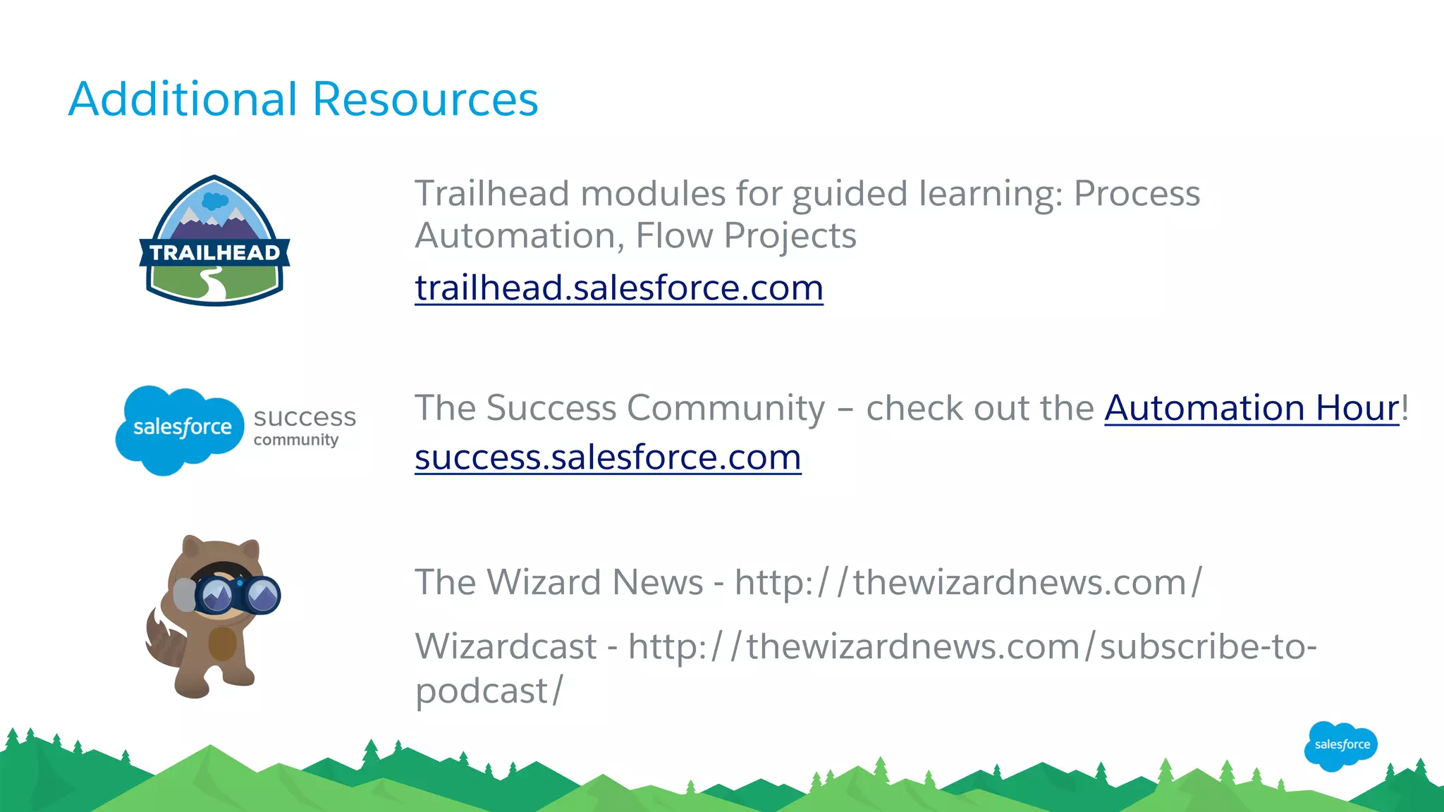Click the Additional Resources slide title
(x=303, y=99)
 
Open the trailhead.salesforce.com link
(x=618, y=288)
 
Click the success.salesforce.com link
(x=607, y=457)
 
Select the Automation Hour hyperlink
(x=1252, y=408)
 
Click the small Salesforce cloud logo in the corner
(x=1341, y=745)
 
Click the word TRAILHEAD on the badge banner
(x=214, y=252)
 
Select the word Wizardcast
(x=506, y=646)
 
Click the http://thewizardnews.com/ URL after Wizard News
(x=967, y=583)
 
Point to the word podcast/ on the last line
(x=489, y=691)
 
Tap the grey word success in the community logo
(x=305, y=417)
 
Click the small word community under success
(x=296, y=441)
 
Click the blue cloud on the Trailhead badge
(x=214, y=201)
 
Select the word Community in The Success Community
(x=726, y=408)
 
